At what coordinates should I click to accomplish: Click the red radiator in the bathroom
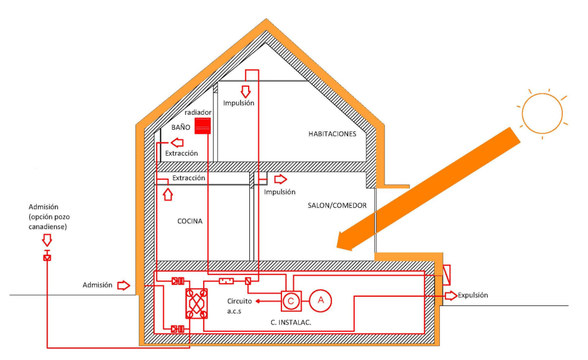tap(203, 126)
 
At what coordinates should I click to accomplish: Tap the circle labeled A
tap(320, 300)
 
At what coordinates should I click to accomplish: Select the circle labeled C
tap(291, 301)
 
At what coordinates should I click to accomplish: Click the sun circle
tap(542, 113)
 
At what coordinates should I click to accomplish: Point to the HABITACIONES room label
tap(332, 134)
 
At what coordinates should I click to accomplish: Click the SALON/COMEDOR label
tap(337, 206)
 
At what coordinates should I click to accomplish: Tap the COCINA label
tap(189, 221)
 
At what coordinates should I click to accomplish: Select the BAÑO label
tap(181, 127)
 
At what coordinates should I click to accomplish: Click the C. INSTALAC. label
tap(291, 322)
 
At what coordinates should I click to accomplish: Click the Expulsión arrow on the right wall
tap(451, 295)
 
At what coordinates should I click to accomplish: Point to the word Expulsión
tap(473, 295)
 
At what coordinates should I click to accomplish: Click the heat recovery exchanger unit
tap(196, 304)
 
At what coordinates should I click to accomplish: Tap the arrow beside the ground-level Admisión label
tap(124, 285)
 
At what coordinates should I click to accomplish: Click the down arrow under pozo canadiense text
tap(47, 240)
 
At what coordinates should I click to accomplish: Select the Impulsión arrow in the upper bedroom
tap(246, 91)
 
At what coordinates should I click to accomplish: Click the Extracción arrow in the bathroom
tap(177, 142)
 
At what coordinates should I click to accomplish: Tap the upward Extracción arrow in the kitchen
tap(168, 195)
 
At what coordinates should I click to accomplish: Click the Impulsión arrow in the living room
tap(280, 179)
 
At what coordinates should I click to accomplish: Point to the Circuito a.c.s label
tap(239, 306)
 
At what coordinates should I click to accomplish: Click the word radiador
tap(198, 112)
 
